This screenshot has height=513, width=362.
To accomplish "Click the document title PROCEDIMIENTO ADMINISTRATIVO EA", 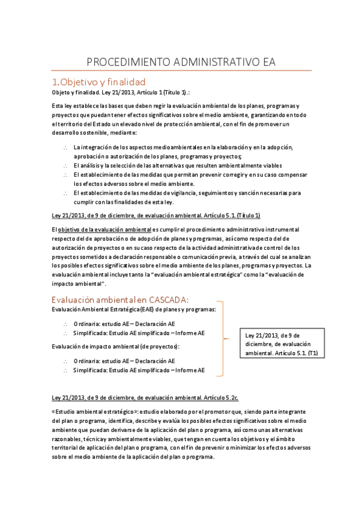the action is (181, 62).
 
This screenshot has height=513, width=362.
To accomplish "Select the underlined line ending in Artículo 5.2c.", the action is (145, 397).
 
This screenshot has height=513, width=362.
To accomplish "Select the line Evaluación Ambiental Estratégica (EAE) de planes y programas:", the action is (134, 310).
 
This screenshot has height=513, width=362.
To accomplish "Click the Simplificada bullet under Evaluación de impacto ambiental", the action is (138, 370).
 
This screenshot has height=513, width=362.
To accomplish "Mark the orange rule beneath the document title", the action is (181, 71).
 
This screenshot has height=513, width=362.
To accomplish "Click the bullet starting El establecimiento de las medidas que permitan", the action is (187, 174).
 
